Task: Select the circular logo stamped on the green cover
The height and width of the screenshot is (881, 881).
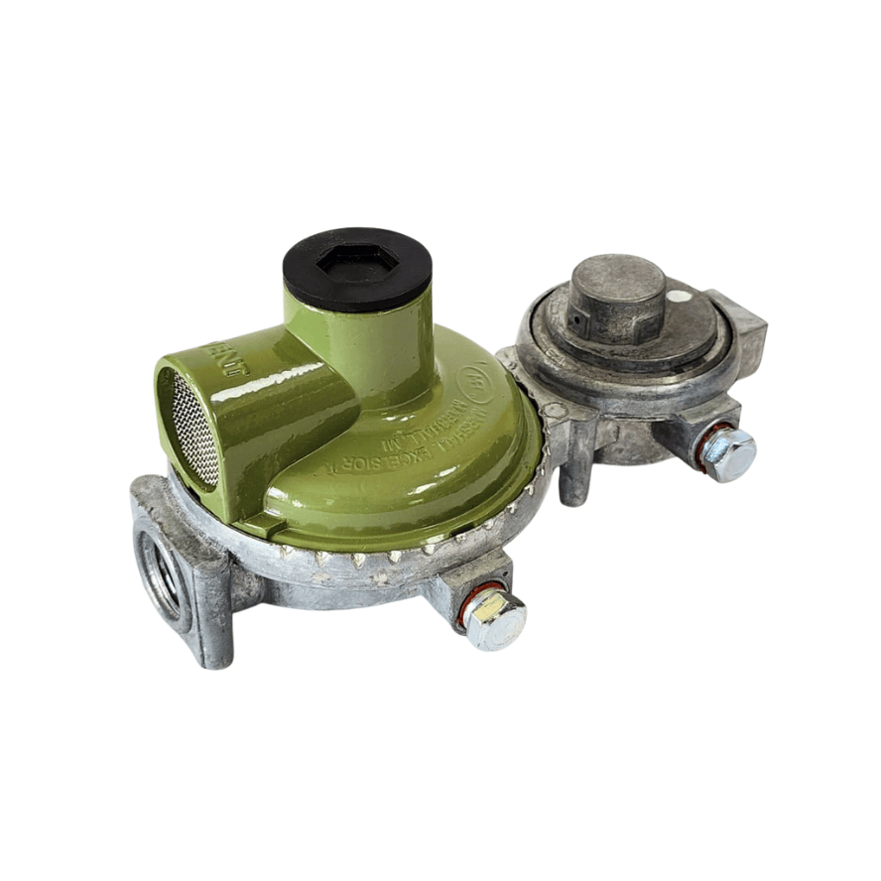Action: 474,379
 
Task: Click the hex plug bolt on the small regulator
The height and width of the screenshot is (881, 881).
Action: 730,454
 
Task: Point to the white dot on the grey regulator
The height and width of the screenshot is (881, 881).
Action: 674,295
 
